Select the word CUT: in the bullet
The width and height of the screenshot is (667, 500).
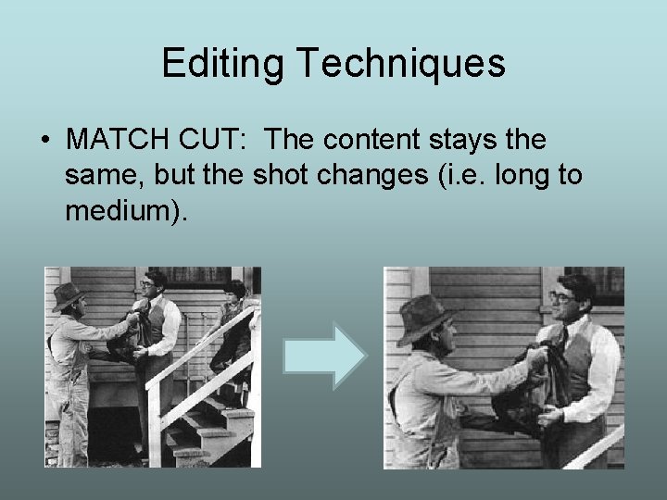tap(214, 141)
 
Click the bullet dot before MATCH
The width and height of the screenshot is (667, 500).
tap(45, 141)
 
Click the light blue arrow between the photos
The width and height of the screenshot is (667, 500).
tap(323, 356)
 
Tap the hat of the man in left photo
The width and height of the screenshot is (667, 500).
tap(69, 294)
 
